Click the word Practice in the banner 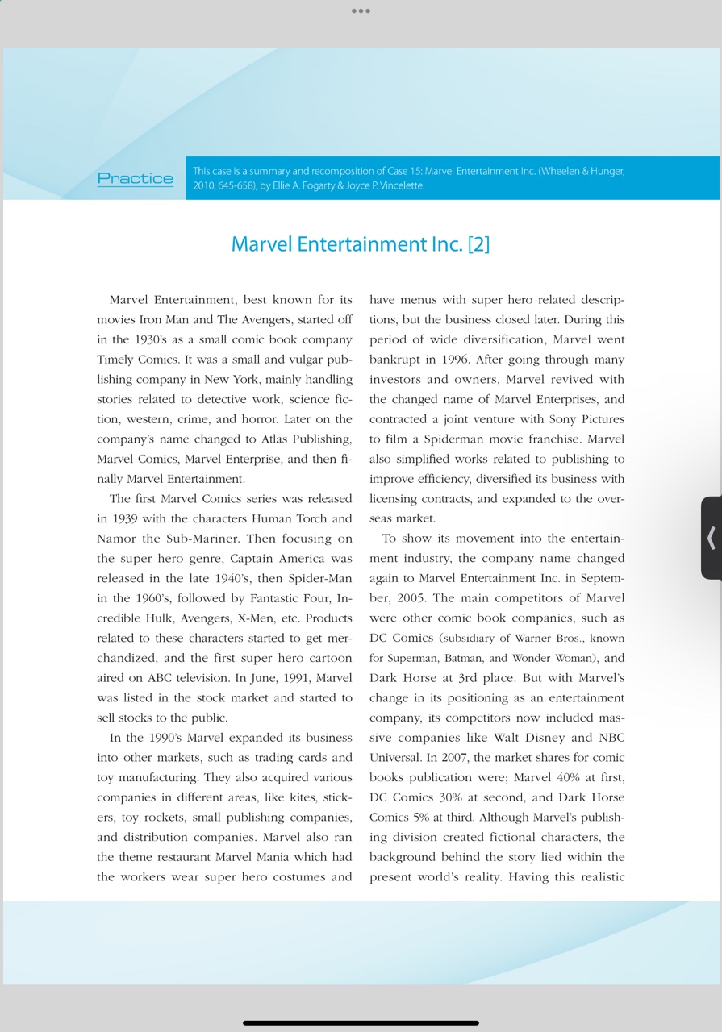(135, 178)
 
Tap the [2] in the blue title (478, 243)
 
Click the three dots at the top (361, 11)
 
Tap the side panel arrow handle (711, 538)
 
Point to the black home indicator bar (361, 1022)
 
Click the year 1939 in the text (124, 518)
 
